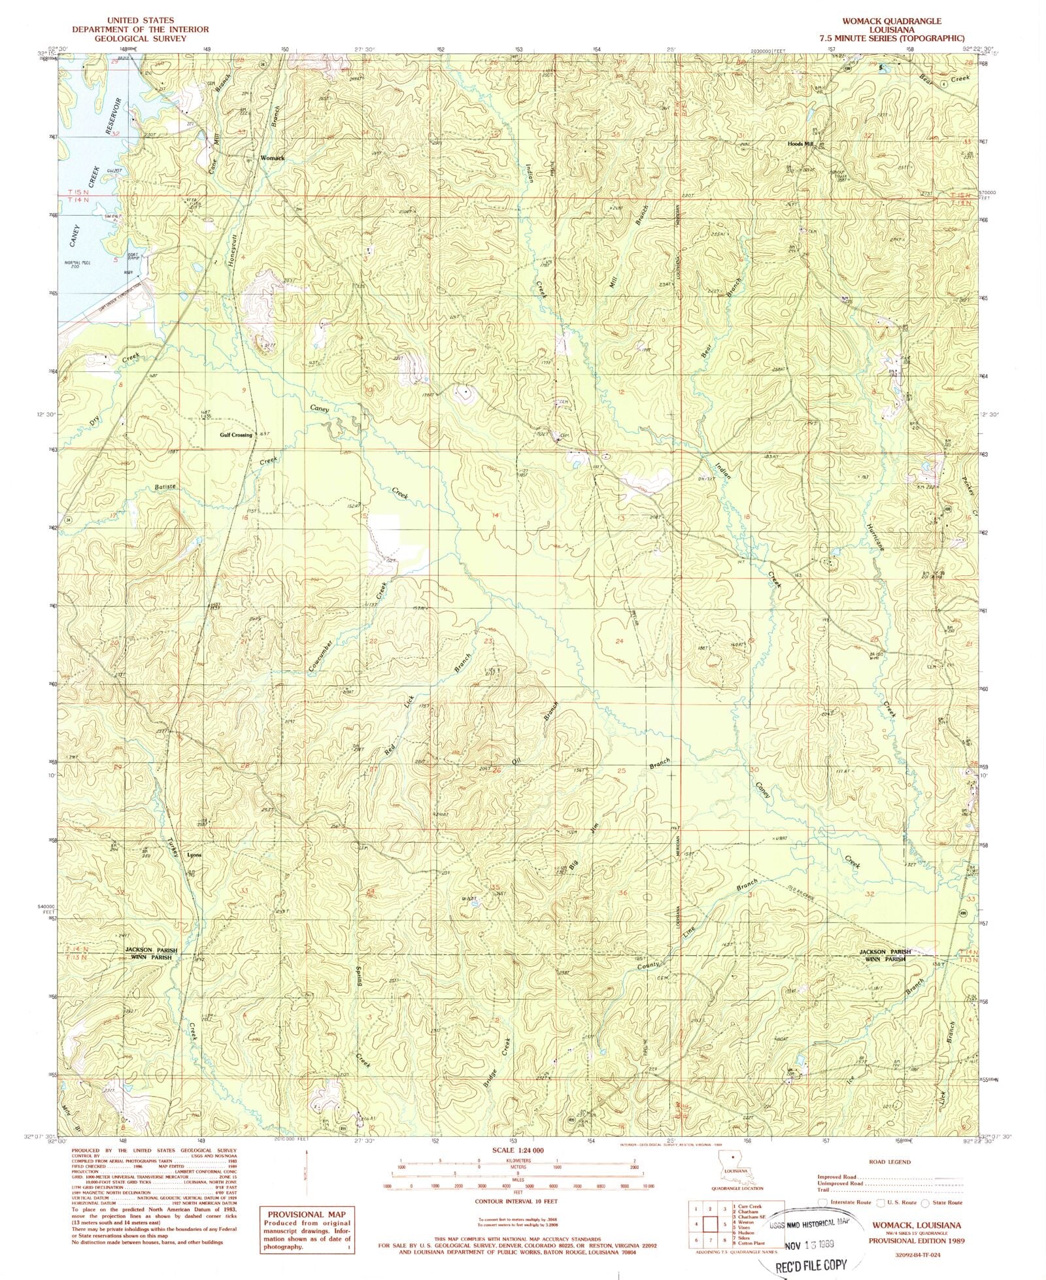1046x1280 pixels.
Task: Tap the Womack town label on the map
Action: [273, 158]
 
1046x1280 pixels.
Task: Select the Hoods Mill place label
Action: [800, 144]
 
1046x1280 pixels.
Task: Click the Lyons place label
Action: [194, 855]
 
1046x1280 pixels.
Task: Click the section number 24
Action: [620, 642]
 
